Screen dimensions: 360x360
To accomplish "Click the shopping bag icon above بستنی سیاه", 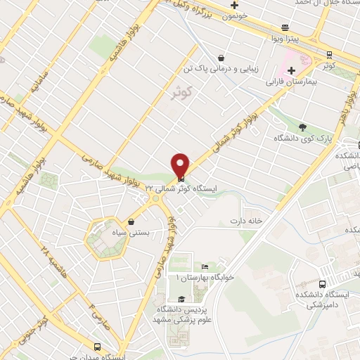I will click(x=131, y=222).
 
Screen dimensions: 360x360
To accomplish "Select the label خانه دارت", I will click(x=245, y=221).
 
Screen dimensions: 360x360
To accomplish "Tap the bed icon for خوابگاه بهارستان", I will click(x=205, y=267).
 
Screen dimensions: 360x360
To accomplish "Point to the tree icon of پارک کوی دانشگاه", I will click(x=303, y=127).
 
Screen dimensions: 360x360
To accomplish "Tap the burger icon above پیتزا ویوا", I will click(x=285, y=29).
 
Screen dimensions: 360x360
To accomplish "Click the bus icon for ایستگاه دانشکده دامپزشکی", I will click(x=322, y=285).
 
